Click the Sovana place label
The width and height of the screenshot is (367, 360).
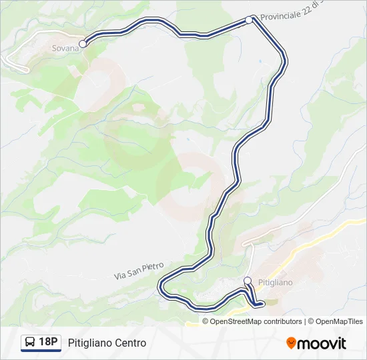tap(65, 48)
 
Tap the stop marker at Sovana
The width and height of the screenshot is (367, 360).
tap(83, 44)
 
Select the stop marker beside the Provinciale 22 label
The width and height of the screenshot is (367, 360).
tap(249, 20)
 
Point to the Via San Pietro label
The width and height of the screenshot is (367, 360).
tap(138, 270)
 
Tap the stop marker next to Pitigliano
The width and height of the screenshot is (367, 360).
tap(248, 281)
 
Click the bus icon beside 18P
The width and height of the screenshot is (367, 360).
tap(30, 343)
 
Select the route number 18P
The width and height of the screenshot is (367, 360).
tap(48, 343)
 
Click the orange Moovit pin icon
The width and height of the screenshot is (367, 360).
tap(291, 343)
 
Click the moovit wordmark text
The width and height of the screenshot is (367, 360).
tap(322, 343)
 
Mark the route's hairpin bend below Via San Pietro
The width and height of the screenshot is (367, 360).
tap(161, 287)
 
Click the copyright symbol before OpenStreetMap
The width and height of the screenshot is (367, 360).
tap(206, 321)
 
